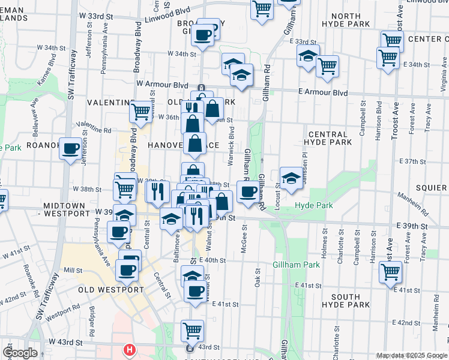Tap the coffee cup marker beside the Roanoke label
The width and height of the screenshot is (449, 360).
70,148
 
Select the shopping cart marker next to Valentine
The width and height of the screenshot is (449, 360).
140,111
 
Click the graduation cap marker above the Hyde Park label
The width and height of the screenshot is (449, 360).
291,178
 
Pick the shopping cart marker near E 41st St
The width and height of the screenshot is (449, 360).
391,272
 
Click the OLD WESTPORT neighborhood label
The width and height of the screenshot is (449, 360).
111,290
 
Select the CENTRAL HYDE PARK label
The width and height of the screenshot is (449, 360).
327,139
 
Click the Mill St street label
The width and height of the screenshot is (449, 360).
73,271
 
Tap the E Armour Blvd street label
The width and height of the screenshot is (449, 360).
322,92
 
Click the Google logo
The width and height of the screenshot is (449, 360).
20,353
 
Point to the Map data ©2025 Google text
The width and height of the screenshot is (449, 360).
411,355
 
